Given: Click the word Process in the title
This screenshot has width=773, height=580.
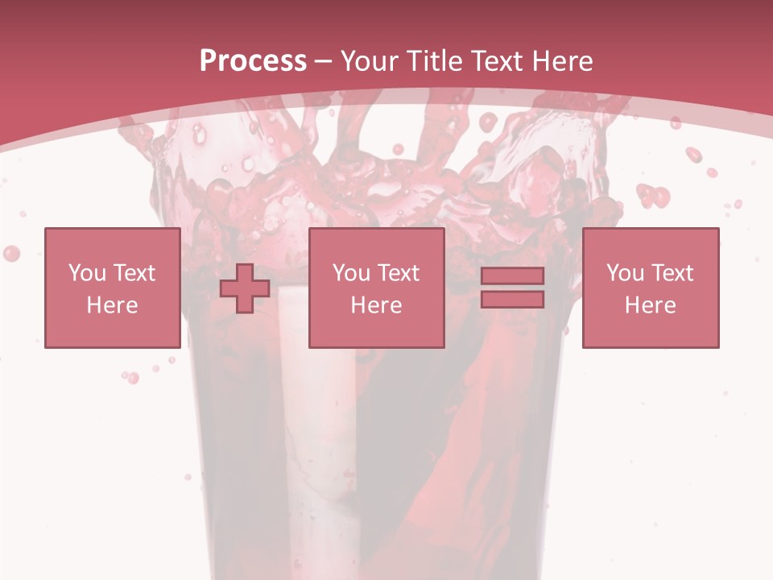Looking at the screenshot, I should (253, 61).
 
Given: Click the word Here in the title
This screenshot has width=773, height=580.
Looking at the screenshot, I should (563, 61).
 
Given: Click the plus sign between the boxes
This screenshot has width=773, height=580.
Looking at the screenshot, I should (245, 288).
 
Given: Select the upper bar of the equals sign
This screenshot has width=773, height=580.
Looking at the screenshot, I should (512, 275).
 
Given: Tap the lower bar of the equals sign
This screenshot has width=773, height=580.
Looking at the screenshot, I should (512, 300).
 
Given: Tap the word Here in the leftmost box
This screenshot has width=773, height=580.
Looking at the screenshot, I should (112, 305).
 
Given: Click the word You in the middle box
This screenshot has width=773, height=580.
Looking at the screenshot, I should (349, 273).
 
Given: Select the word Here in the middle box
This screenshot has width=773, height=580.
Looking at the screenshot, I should (376, 305).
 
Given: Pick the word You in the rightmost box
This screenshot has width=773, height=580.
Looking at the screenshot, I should (623, 273).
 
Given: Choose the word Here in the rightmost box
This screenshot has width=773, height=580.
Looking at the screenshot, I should (650, 305).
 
